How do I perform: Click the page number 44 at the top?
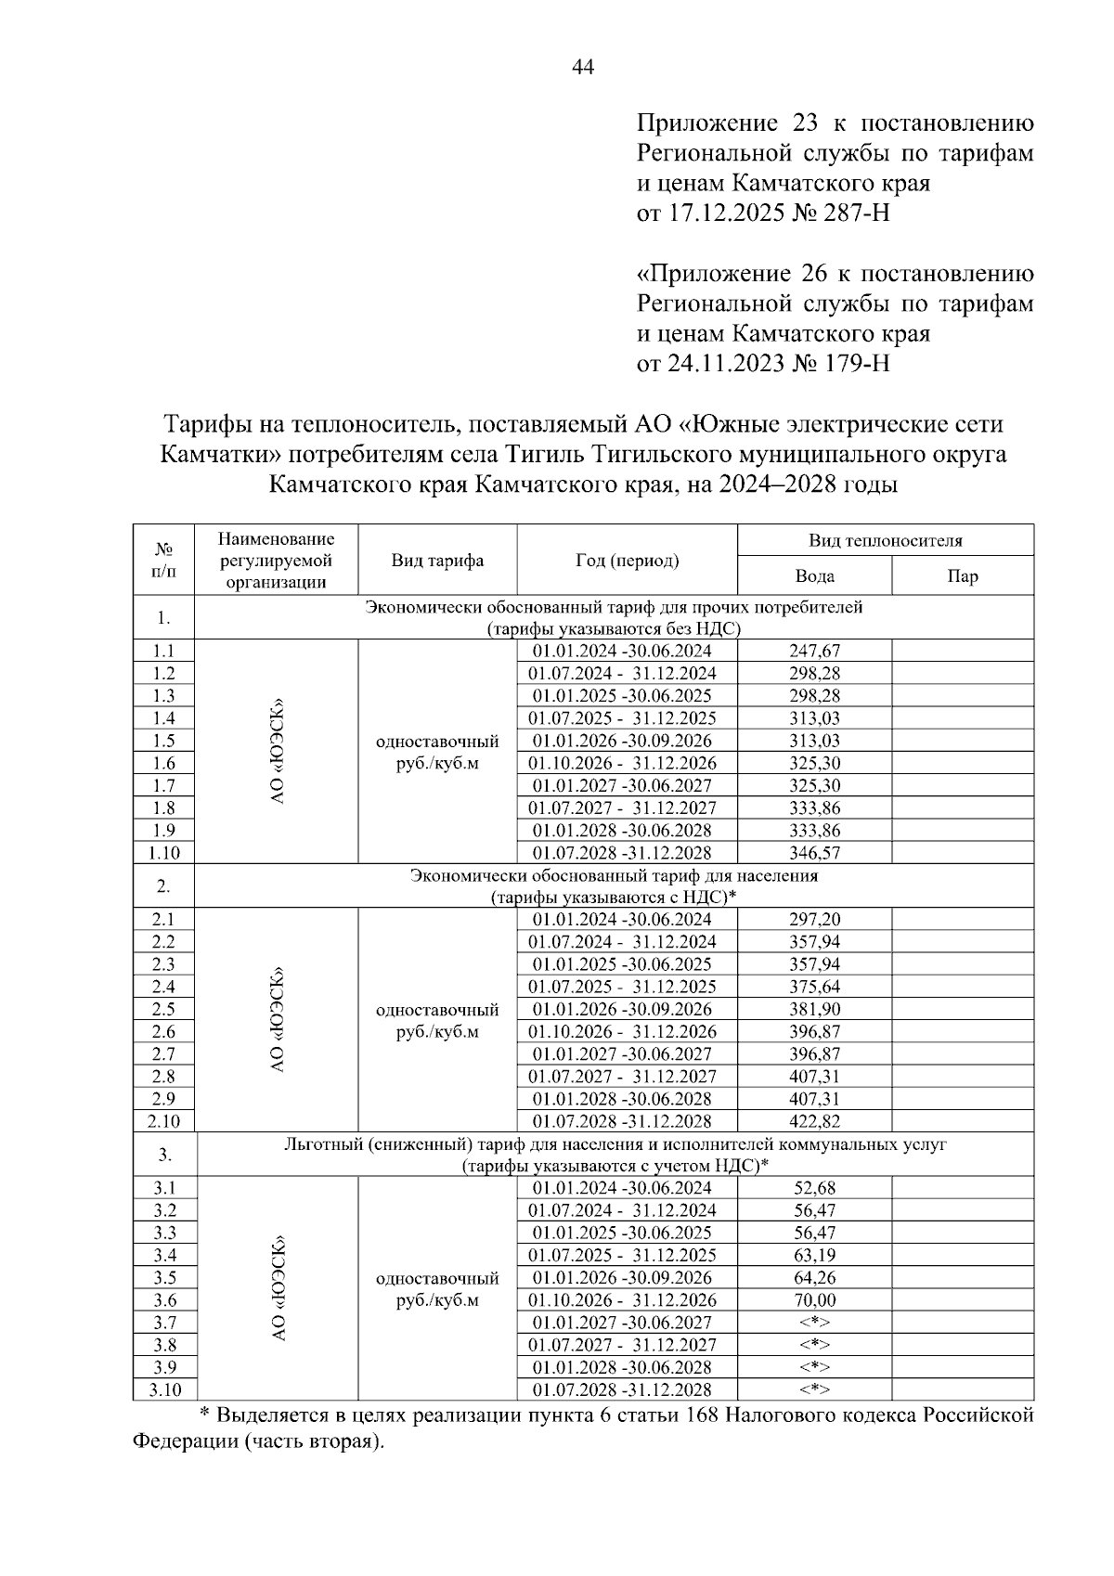click(583, 67)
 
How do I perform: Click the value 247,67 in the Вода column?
click(814, 651)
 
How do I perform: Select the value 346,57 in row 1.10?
click(814, 853)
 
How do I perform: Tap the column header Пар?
click(962, 576)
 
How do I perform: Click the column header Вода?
click(814, 576)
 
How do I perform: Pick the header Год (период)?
click(627, 561)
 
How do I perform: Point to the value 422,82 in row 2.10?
click(814, 1121)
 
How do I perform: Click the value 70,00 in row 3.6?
click(814, 1300)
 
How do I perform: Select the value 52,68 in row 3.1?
click(814, 1188)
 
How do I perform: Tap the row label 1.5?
click(163, 741)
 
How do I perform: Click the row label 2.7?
click(163, 1054)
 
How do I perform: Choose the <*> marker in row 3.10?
click(814, 1389)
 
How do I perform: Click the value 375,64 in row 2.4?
click(814, 987)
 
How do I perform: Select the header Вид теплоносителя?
click(885, 540)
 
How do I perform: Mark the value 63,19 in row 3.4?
click(814, 1256)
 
